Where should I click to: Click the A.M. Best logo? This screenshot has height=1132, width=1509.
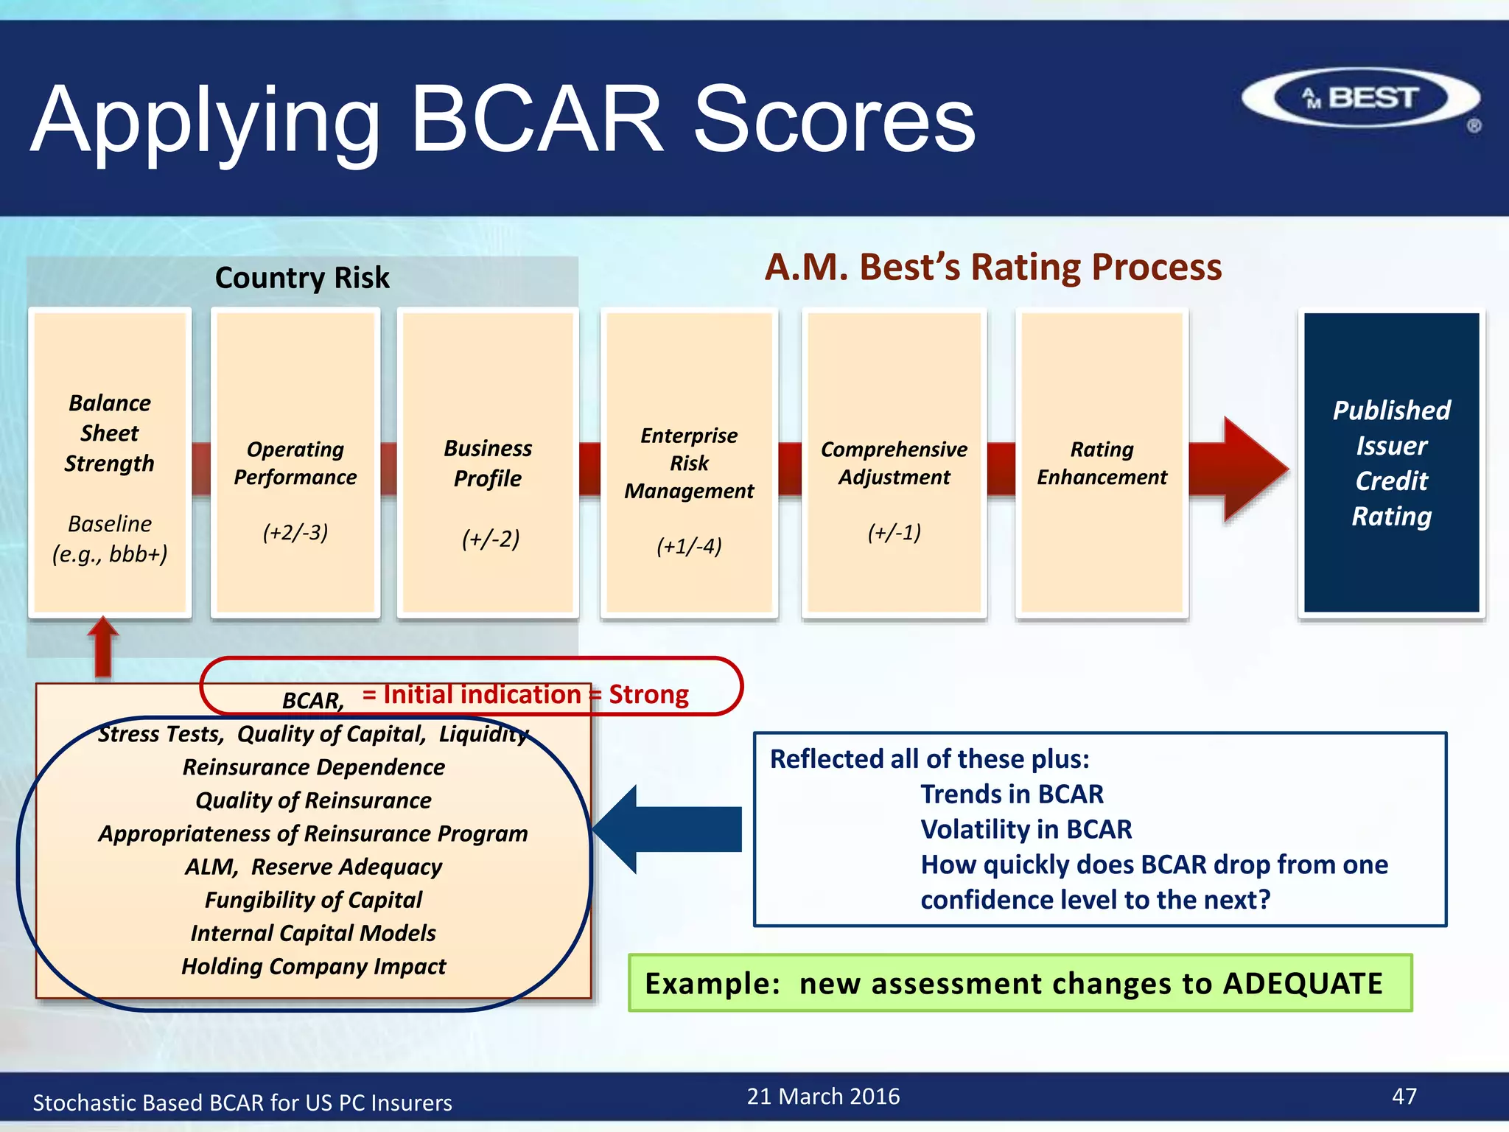[1360, 98]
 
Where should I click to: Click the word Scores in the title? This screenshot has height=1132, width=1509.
[834, 120]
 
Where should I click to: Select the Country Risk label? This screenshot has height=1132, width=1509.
[302, 278]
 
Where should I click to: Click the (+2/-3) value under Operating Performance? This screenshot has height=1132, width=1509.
[295, 532]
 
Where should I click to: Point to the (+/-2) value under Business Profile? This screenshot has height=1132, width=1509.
[490, 539]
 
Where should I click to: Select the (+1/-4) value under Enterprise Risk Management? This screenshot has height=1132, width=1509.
[689, 546]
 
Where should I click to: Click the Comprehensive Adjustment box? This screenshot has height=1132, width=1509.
[894, 463]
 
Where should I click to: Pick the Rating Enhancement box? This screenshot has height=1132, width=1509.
[1102, 463]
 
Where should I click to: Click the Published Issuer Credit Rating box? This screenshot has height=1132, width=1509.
[1391, 463]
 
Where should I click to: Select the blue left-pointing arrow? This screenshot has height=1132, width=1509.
[667, 829]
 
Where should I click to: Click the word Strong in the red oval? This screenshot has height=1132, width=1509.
[648, 695]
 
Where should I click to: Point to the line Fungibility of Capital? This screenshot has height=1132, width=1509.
[313, 900]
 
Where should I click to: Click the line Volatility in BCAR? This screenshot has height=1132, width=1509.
[1026, 830]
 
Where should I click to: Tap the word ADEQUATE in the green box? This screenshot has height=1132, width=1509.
[1303, 984]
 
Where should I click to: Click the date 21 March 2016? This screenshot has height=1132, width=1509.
[823, 1097]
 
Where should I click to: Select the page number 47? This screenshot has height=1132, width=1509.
[1404, 1097]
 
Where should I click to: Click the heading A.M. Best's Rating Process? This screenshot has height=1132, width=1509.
[992, 267]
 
